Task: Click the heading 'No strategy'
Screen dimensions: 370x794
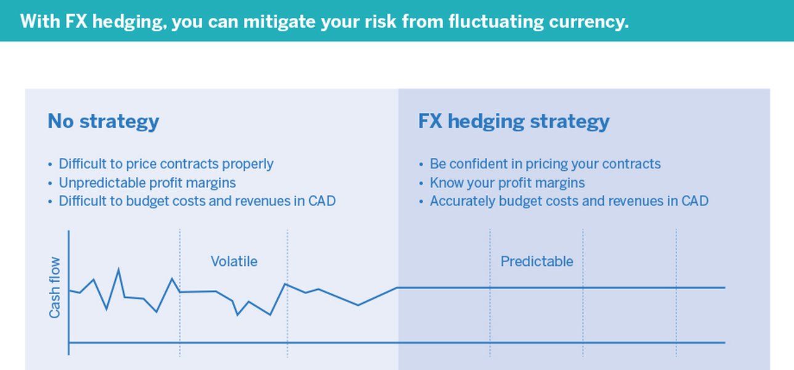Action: [x=103, y=121]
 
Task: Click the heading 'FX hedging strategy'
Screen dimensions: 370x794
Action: [x=514, y=121]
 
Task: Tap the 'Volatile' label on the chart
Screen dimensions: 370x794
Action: [x=234, y=261]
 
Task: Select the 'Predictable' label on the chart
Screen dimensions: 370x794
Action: [x=537, y=261]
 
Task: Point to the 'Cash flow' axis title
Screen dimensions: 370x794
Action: [x=55, y=287]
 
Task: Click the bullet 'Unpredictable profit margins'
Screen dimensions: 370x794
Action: [x=147, y=183]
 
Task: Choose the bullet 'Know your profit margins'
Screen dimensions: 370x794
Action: [x=507, y=183]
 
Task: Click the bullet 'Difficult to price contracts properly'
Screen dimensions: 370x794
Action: [x=166, y=164]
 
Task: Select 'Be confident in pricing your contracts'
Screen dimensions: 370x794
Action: [x=545, y=164]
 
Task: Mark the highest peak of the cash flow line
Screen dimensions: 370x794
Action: [x=118, y=269]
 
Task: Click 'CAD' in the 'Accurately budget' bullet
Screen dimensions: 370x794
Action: [x=695, y=201]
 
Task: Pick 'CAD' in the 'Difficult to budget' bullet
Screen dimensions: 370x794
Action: [x=322, y=201]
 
